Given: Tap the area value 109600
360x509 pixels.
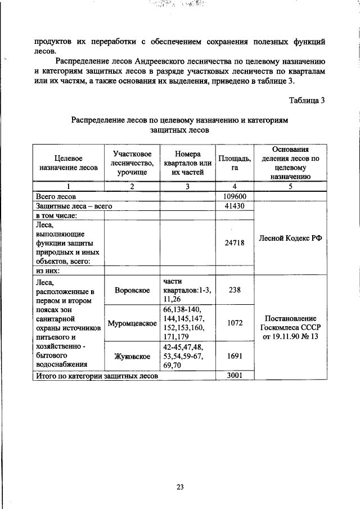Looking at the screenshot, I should (x=235, y=196).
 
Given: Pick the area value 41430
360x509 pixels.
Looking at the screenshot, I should (x=235, y=206).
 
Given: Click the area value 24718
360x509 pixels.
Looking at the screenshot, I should (x=235, y=242).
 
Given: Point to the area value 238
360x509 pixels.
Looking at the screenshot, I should (x=235, y=290).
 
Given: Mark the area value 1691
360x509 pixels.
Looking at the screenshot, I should (x=235, y=356).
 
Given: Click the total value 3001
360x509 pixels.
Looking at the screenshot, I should (x=235, y=375).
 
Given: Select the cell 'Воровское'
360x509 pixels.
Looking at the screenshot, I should (x=132, y=290).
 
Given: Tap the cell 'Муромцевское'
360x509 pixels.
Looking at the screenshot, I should (x=132, y=324).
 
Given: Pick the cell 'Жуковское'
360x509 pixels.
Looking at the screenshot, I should (x=132, y=357).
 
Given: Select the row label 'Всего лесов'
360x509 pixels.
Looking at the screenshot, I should (x=56, y=197).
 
